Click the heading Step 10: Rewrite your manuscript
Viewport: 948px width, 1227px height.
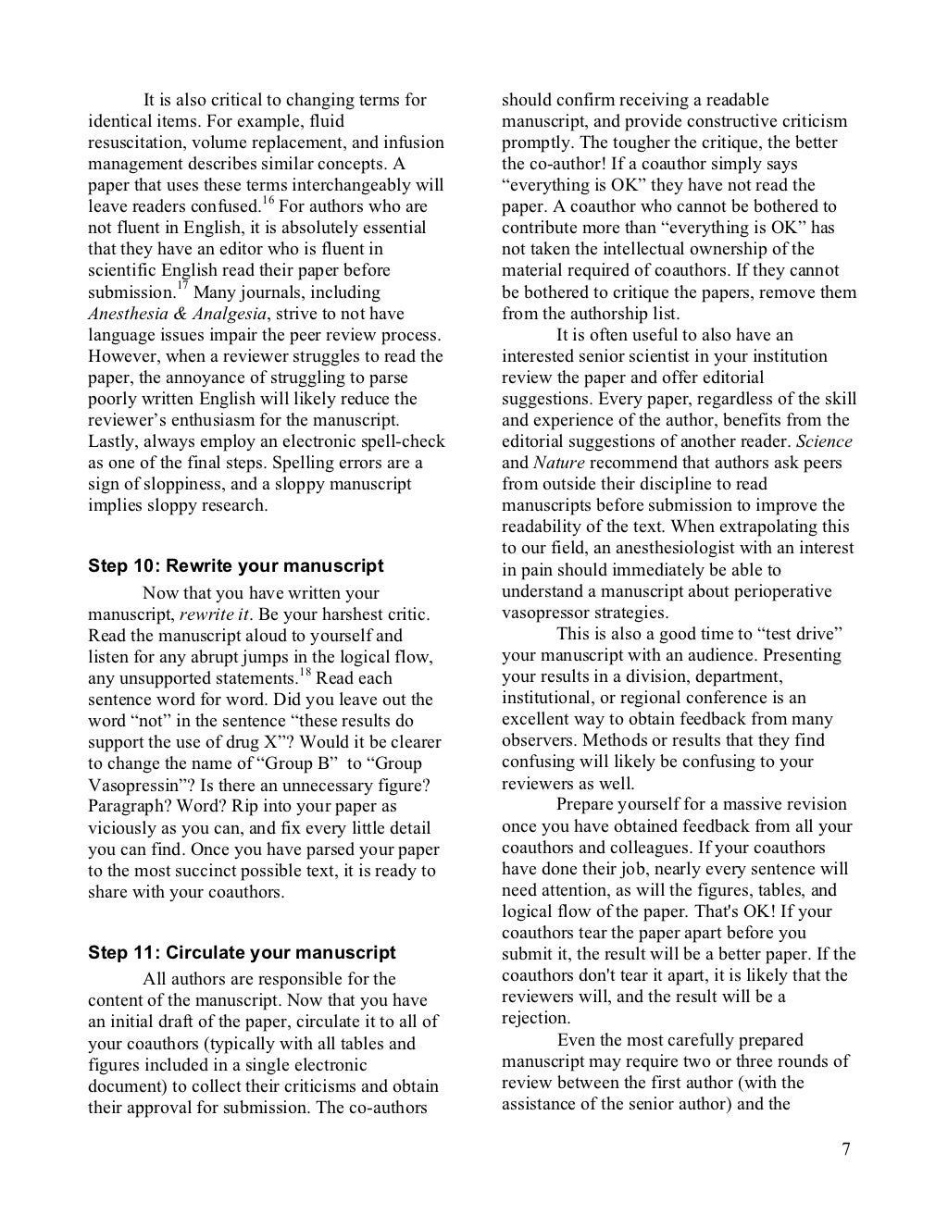tap(235, 566)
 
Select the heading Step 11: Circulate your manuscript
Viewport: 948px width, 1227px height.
tap(241, 952)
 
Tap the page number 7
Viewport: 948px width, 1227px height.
tap(846, 1149)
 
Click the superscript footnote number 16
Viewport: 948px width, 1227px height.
tap(269, 200)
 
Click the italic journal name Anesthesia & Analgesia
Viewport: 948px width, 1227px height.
tap(177, 314)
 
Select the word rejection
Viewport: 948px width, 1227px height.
tap(536, 1019)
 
